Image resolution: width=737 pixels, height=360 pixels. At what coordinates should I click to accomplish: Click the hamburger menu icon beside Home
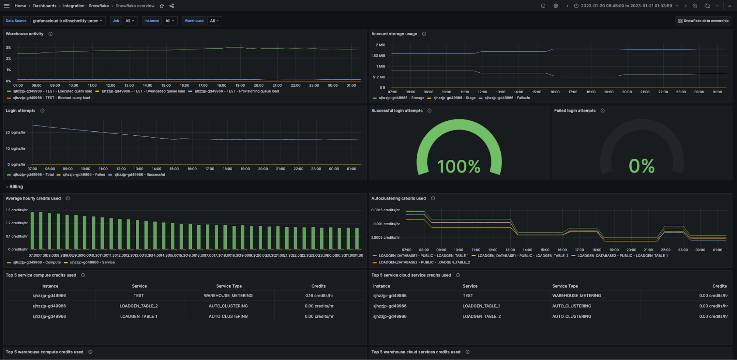point(7,6)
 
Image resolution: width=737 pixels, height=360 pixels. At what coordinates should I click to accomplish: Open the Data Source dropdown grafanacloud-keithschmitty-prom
point(67,21)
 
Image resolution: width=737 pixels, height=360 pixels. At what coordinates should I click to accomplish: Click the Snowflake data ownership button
point(703,21)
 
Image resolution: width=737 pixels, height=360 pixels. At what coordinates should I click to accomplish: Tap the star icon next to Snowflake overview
point(162,6)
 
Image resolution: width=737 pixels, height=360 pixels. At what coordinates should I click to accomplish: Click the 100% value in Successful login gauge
point(459,166)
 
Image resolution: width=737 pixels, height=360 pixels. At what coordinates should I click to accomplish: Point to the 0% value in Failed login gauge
point(642,166)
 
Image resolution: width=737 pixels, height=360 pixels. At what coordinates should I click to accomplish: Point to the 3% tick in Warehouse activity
point(8,48)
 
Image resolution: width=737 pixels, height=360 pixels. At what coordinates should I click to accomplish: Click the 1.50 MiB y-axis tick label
point(378,56)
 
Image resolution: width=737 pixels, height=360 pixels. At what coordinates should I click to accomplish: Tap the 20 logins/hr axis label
point(15,132)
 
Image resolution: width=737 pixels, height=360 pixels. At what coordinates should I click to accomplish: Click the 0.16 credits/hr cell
point(319,296)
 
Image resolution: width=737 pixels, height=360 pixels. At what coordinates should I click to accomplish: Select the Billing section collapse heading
point(16,187)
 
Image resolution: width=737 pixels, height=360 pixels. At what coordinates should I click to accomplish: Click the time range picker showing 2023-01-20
point(626,6)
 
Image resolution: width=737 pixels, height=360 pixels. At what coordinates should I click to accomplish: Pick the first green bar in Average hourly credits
point(32,231)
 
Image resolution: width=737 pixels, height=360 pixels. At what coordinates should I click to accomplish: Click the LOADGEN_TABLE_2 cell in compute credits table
point(139,306)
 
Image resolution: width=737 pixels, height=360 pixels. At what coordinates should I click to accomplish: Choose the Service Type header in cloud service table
point(565,286)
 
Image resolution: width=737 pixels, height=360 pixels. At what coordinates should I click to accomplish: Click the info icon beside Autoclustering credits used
point(433,198)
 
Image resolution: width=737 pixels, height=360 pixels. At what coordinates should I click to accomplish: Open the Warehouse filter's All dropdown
point(214,21)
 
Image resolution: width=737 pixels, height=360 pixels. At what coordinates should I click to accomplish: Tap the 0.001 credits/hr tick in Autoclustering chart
point(386,224)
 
